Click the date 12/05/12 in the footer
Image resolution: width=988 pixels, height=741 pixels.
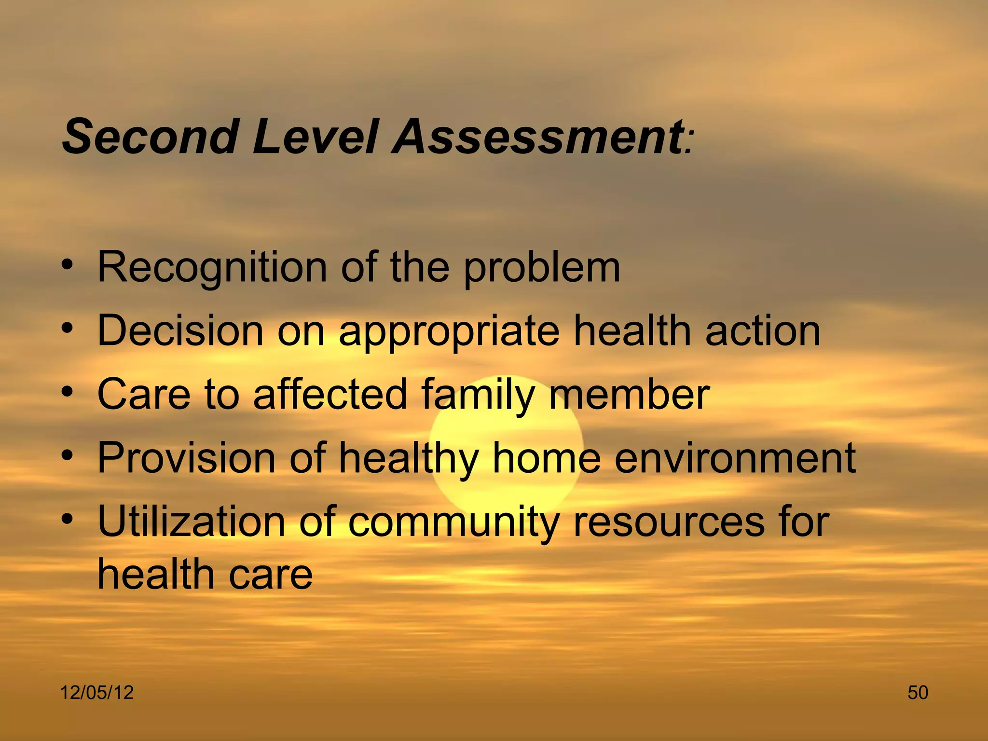click(96, 693)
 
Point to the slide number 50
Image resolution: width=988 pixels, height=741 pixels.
click(918, 693)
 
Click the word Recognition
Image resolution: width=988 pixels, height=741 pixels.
click(212, 268)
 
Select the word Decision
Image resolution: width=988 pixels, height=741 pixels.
click(180, 331)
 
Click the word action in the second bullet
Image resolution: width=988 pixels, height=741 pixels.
click(762, 331)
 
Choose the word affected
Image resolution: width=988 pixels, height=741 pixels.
click(330, 395)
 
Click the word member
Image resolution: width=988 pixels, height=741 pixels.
click(629, 395)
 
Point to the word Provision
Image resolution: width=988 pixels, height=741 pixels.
click(186, 458)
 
